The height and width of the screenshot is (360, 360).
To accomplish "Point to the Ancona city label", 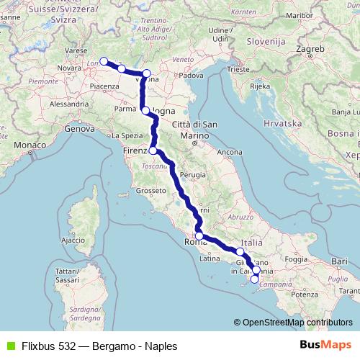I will pos(230,152).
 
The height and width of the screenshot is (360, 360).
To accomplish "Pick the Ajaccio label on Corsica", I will pos(73,240).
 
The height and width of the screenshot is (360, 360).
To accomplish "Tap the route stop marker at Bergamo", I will pos(104,61).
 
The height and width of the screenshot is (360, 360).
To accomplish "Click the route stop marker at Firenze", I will pos(153,150).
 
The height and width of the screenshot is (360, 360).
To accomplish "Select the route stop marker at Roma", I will pos(199,235).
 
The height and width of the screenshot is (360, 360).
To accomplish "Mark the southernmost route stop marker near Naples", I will pos(254,279).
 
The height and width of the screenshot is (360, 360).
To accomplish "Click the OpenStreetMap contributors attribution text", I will pos(297,323).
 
